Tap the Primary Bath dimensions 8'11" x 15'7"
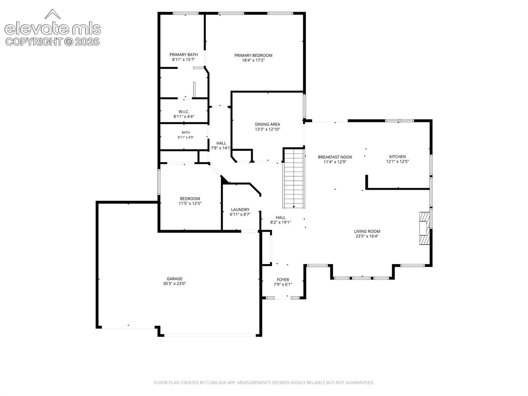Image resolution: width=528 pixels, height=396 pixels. [183, 60]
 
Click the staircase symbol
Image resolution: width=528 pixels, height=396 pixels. [293, 178]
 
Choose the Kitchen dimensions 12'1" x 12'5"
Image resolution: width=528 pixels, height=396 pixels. [397, 162]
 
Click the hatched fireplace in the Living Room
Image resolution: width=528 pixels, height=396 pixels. [425, 228]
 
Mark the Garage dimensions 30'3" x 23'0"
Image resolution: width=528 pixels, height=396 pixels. [175, 283]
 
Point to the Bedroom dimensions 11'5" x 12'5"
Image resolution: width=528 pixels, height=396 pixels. [190, 203]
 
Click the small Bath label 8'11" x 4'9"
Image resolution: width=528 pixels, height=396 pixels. [186, 135]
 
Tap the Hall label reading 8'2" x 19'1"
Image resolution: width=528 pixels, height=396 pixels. [280, 220]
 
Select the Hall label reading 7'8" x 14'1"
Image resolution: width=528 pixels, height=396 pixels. [221, 146]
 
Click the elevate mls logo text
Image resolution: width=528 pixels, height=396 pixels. [52, 29]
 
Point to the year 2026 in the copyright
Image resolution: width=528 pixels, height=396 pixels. [87, 42]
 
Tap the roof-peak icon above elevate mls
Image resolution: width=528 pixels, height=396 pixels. [52, 14]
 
